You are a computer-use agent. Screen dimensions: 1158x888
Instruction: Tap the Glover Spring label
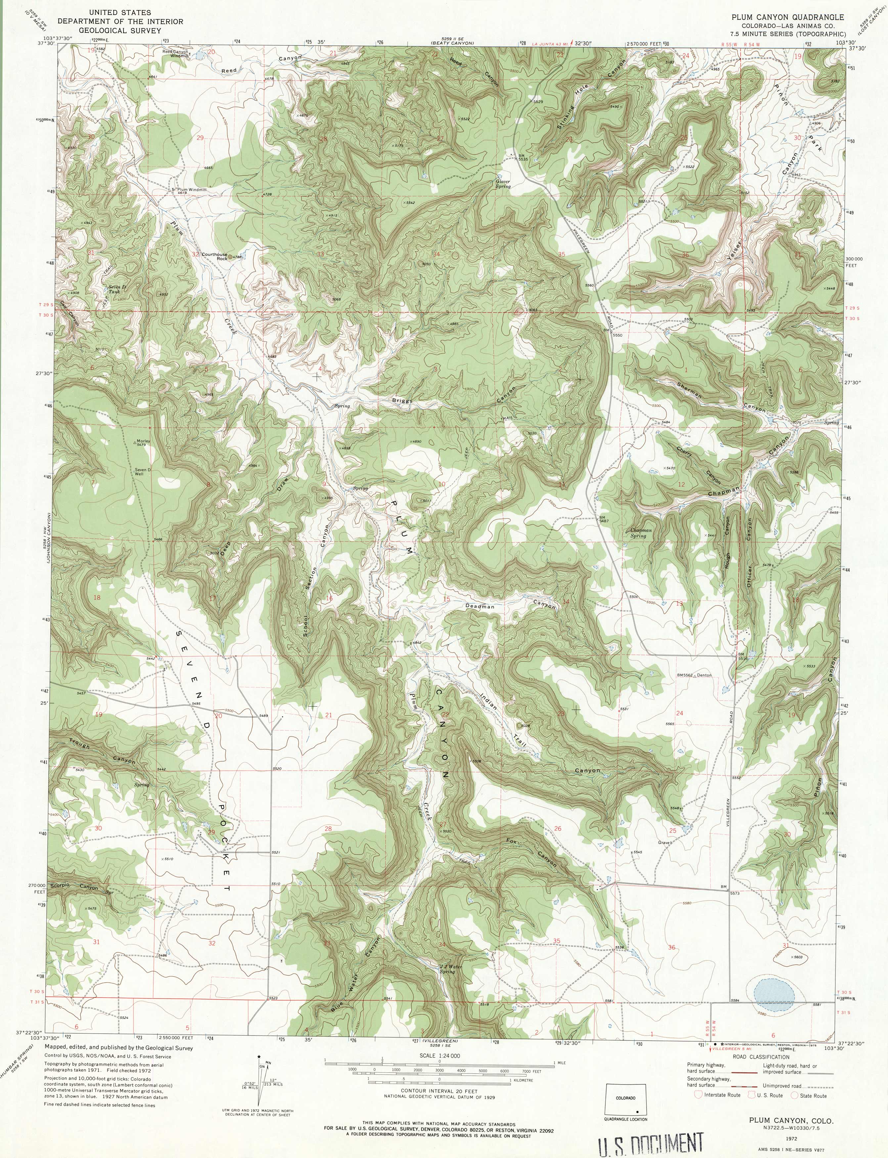[x=503, y=183]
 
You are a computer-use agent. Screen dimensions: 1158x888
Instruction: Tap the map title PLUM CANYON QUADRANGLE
[x=787, y=17]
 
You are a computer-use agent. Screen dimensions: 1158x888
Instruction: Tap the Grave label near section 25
[x=664, y=842]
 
